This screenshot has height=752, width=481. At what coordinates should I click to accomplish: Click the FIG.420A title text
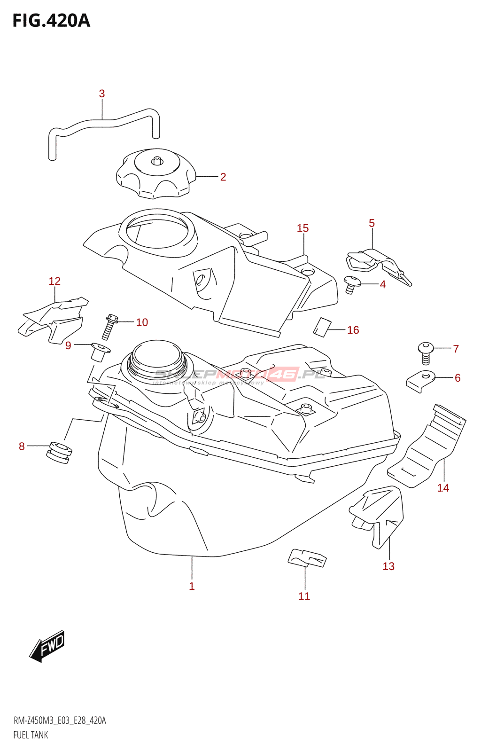click(51, 21)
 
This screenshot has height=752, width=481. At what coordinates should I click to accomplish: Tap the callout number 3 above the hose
click(102, 94)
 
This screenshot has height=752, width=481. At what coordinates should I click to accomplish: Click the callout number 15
click(303, 228)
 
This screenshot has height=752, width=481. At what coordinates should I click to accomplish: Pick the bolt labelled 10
click(109, 326)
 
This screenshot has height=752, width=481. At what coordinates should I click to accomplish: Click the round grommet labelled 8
click(59, 451)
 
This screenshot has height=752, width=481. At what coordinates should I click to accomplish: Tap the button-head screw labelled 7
click(426, 352)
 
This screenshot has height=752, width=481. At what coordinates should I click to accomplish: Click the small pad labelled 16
click(322, 327)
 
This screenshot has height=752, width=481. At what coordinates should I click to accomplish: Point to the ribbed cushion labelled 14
click(427, 446)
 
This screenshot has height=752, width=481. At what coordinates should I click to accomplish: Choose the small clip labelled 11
click(306, 558)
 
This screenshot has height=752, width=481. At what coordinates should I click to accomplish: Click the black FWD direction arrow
click(47, 646)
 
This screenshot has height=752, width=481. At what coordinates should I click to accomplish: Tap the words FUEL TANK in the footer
click(31, 735)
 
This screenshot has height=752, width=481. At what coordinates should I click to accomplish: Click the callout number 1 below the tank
click(192, 586)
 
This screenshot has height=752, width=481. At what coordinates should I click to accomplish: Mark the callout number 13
click(388, 566)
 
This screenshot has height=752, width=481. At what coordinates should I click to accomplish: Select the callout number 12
click(54, 281)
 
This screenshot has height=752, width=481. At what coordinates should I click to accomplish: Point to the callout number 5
click(372, 223)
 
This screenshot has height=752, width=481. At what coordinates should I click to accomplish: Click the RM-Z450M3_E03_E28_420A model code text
click(60, 721)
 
